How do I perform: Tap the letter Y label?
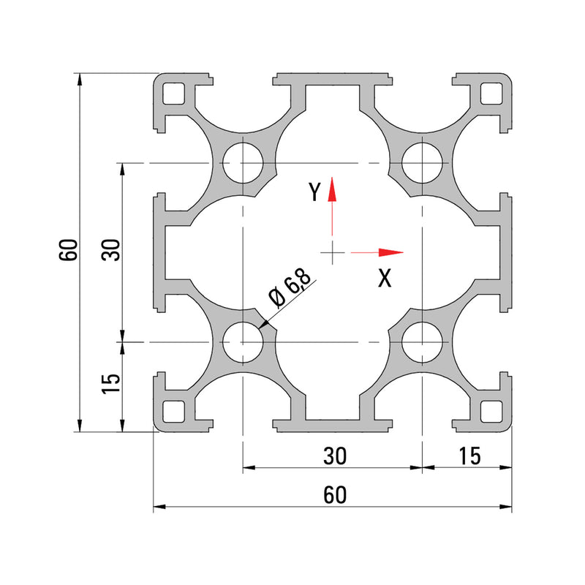pyautogui.click(x=314, y=192)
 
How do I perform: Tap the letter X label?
pyautogui.click(x=385, y=278)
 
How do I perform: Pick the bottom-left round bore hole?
pyautogui.click(x=243, y=341)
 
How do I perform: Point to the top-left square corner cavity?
pyautogui.click(x=174, y=94)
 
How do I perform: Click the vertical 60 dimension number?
pyautogui.click(x=69, y=250)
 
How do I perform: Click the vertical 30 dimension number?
pyautogui.click(x=110, y=250)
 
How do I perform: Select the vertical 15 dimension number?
pyautogui.click(x=110, y=383)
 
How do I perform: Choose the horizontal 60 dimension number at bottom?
pyautogui.click(x=333, y=495)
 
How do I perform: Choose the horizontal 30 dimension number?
pyautogui.click(x=333, y=456)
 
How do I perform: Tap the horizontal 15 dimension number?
pyautogui.click(x=468, y=456)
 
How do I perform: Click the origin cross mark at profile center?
pyautogui.click(x=332, y=253)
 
